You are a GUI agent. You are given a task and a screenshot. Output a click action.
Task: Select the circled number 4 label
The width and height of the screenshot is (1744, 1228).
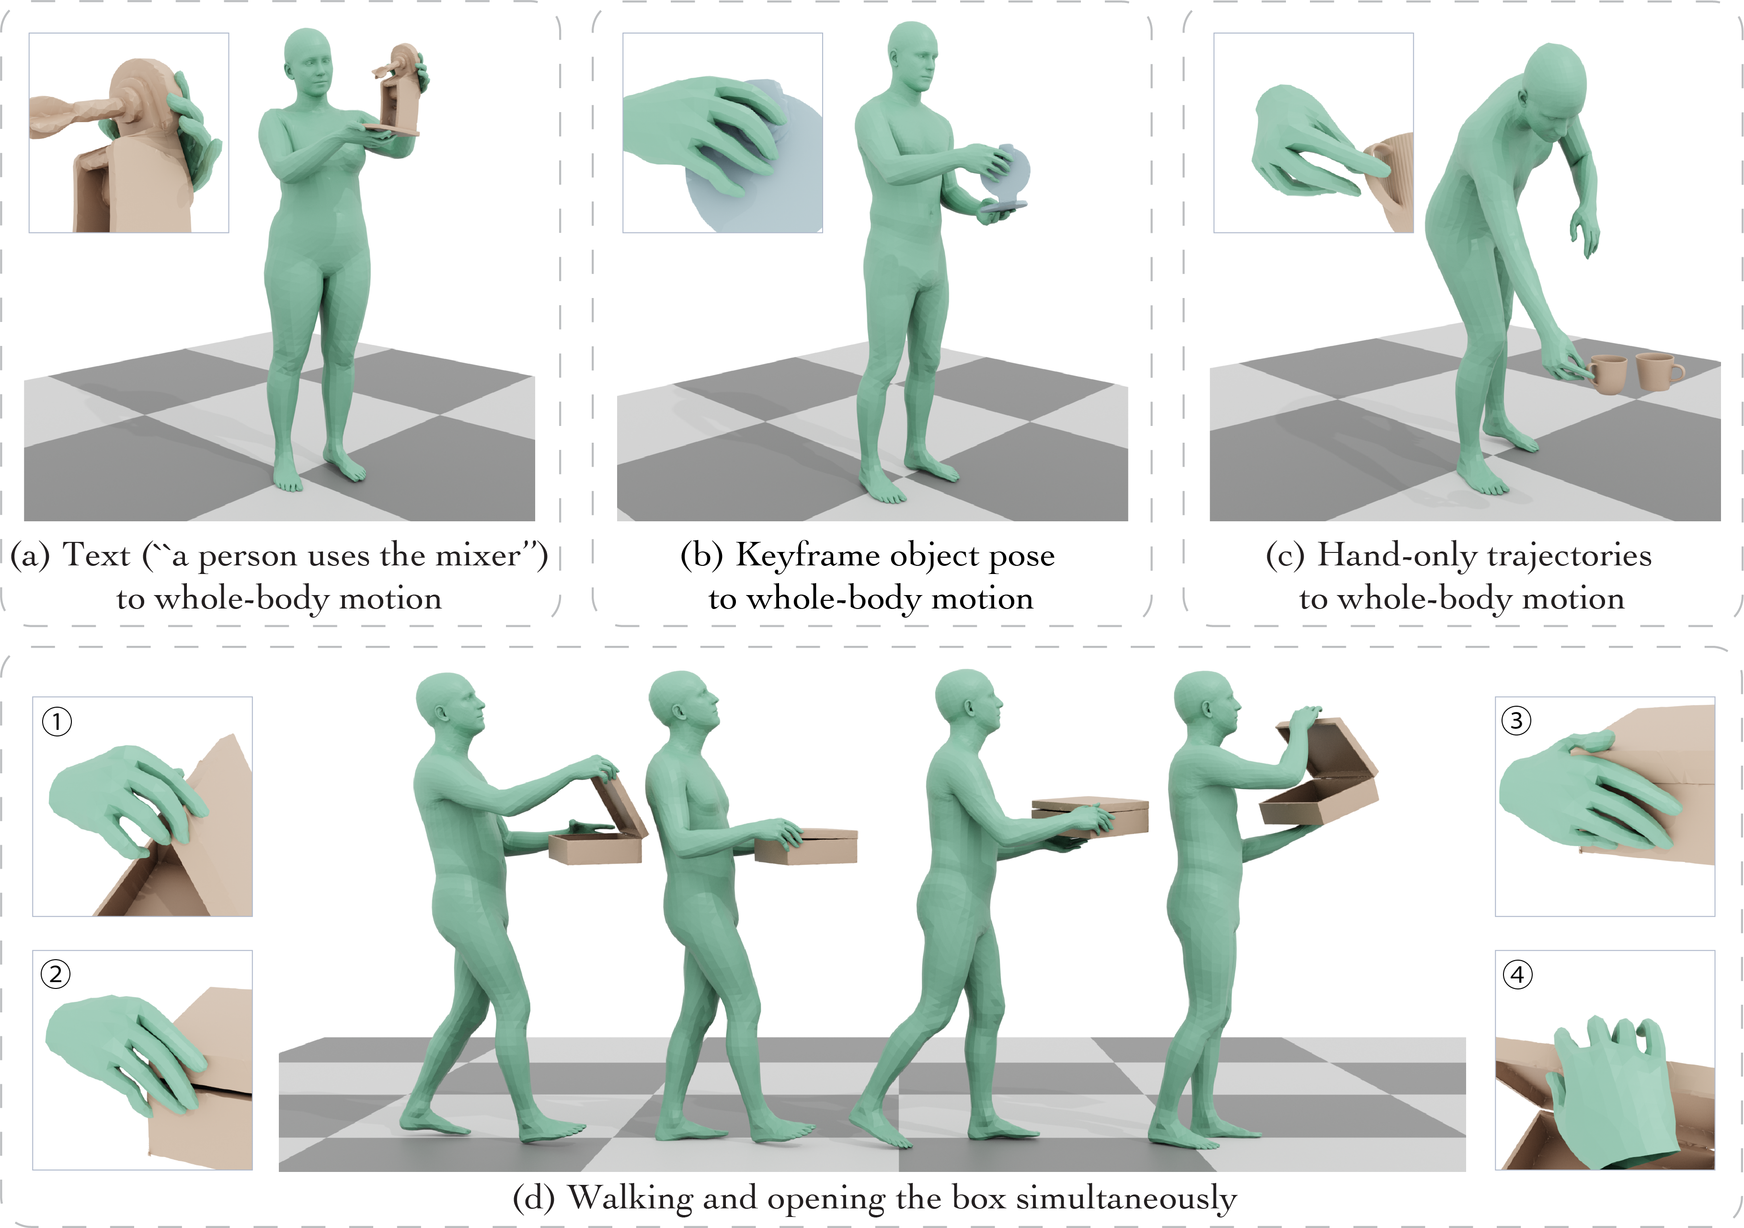(1518, 975)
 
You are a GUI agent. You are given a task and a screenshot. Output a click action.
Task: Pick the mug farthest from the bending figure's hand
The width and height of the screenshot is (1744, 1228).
(1659, 371)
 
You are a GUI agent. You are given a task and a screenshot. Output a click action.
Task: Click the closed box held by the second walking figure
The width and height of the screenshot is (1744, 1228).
(807, 845)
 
